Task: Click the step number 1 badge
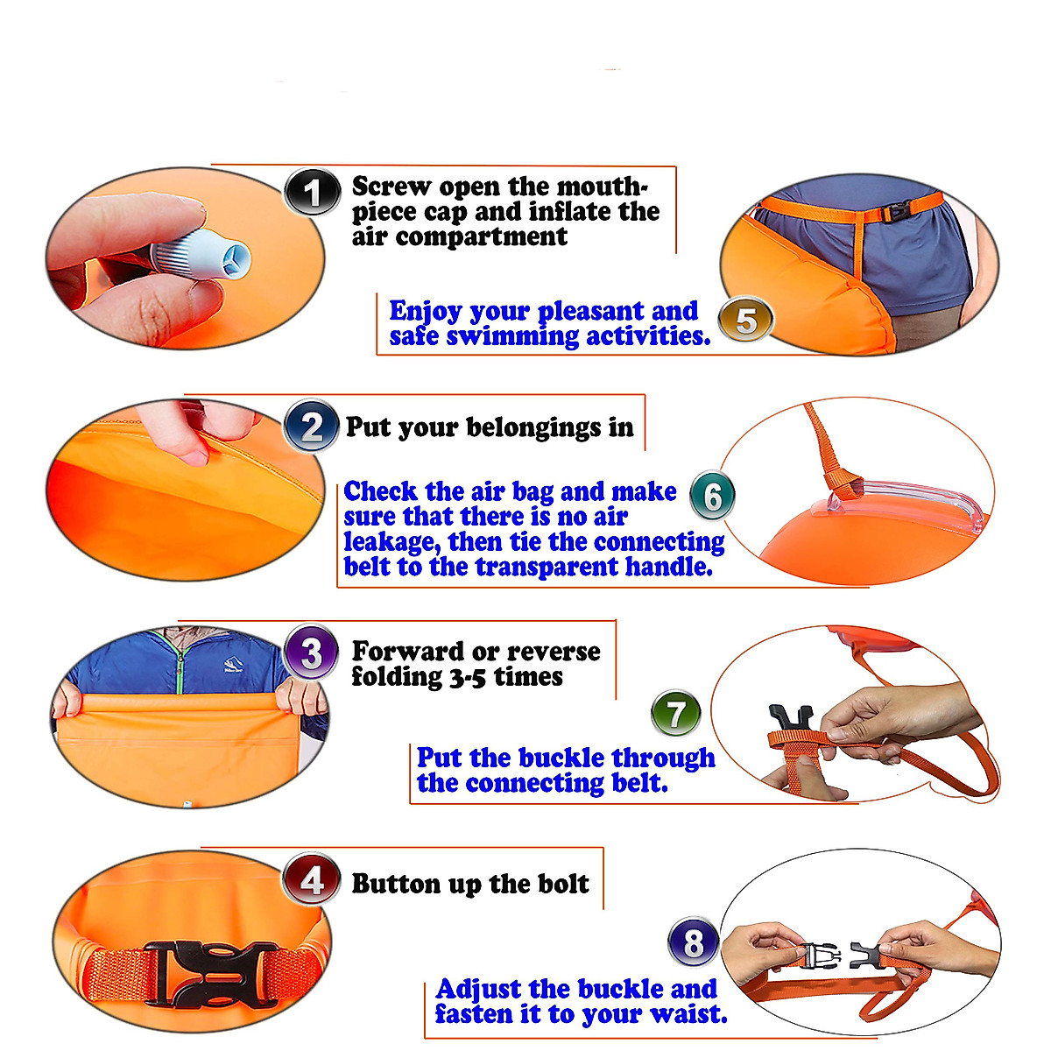(312, 192)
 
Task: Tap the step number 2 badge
(312, 427)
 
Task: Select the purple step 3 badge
(311, 652)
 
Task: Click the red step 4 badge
(312, 880)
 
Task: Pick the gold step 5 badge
(745, 320)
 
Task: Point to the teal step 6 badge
(712, 497)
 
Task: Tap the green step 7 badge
(676, 714)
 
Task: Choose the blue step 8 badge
(693, 943)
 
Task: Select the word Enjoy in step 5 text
(425, 311)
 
